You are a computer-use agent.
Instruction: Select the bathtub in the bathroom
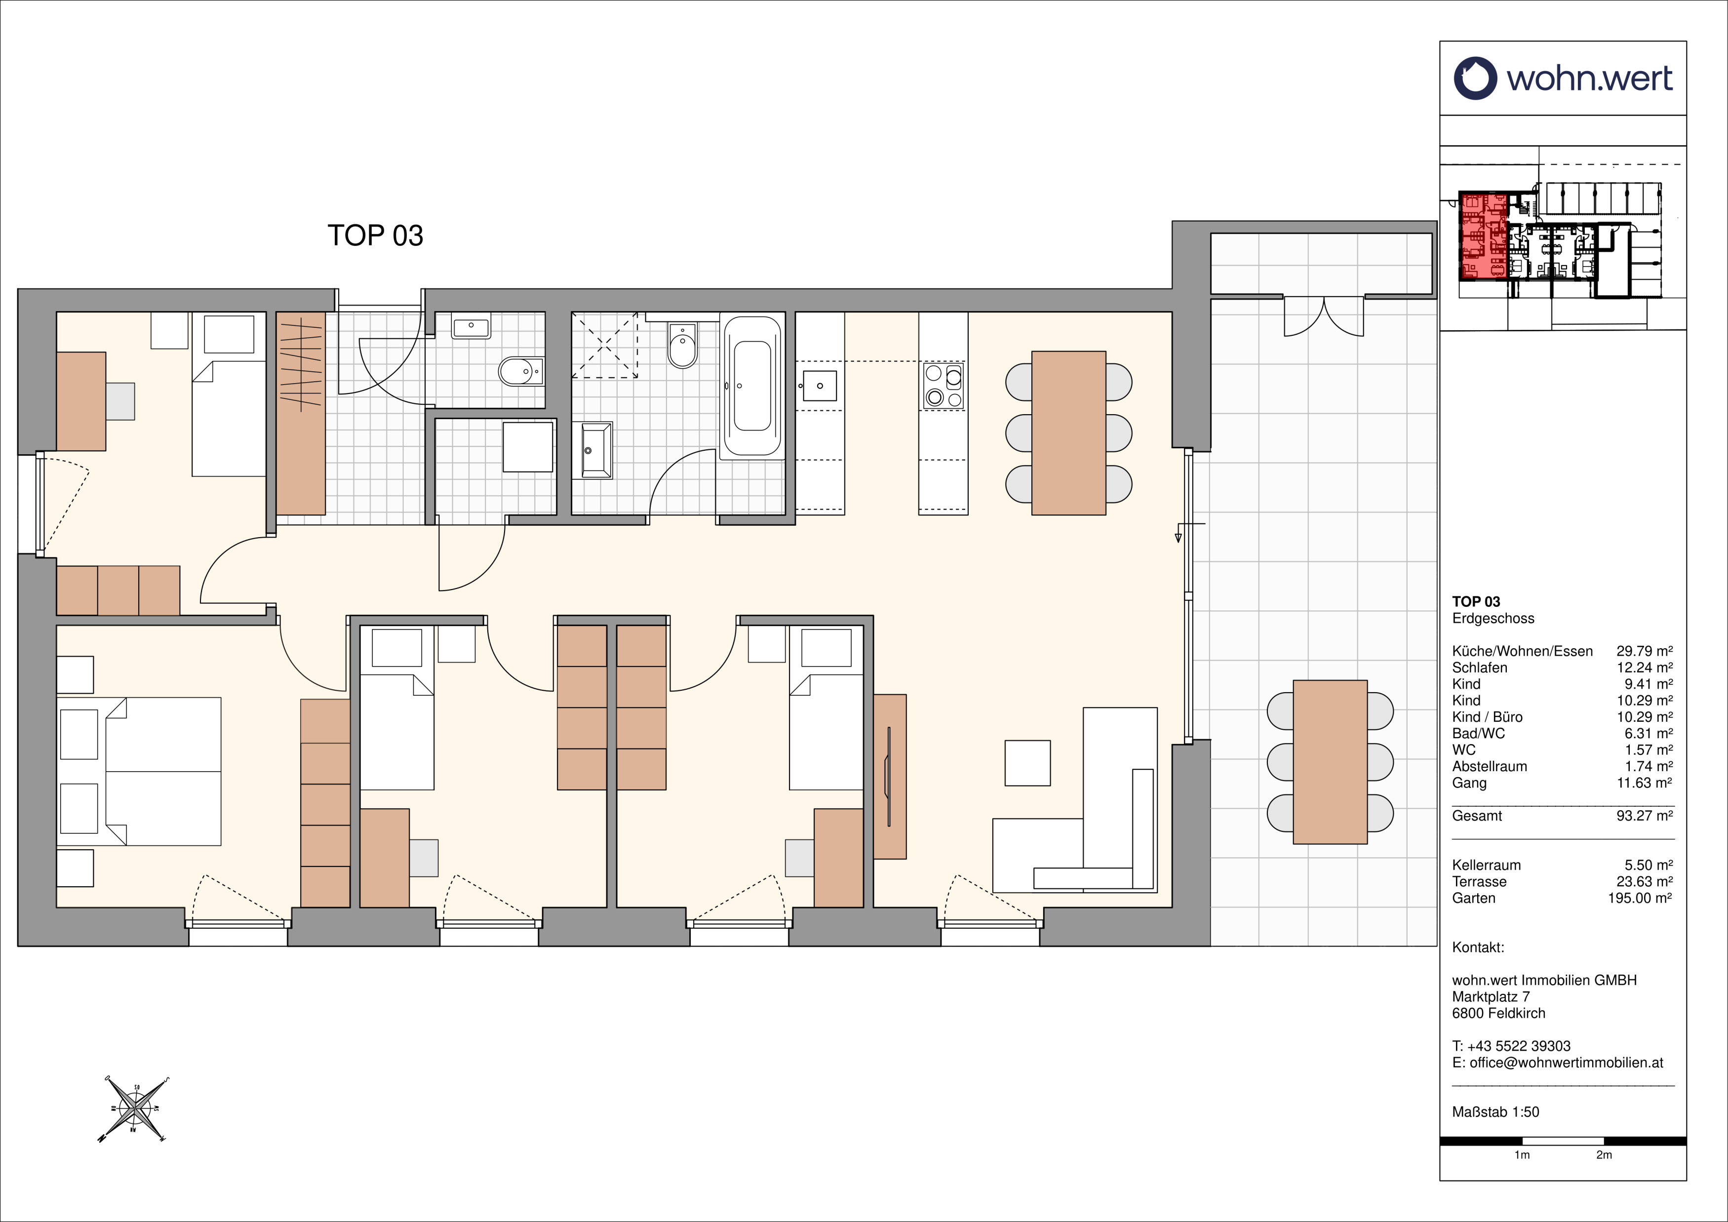coord(752,385)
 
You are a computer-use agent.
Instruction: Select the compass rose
coord(133,1109)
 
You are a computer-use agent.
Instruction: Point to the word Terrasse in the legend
coord(1480,882)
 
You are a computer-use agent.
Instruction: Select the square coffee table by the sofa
coord(1027,763)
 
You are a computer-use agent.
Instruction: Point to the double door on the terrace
coord(1324,316)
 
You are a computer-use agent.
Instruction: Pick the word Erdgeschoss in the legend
coord(1493,619)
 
